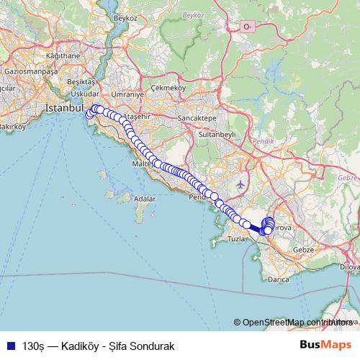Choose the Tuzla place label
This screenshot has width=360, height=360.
pos(237,238)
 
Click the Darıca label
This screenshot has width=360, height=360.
pos(278,278)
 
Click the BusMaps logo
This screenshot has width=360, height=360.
pos(325,346)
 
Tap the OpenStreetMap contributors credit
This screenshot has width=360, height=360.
pos(294,323)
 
